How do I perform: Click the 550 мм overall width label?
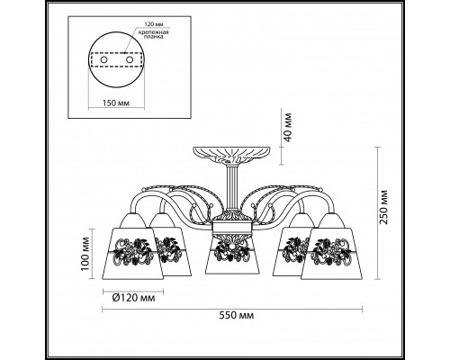click(x=237, y=315)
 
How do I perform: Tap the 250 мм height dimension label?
click(x=383, y=207)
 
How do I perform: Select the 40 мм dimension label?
click(x=287, y=128)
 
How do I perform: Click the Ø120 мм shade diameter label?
click(x=133, y=298)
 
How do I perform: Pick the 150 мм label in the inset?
click(x=116, y=103)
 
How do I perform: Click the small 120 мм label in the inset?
click(x=154, y=24)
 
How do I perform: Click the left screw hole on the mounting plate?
click(x=103, y=60)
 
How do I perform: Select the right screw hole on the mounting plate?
click(x=130, y=59)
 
